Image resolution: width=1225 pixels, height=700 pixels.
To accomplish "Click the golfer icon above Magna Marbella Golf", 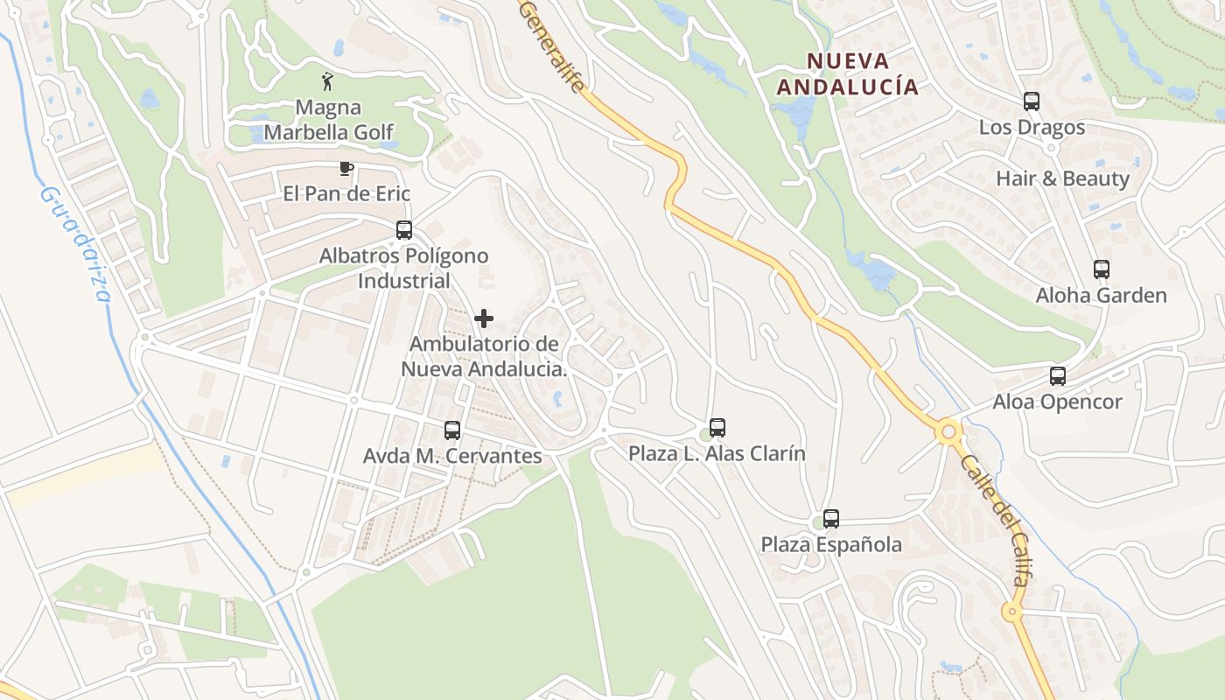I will point(327,81).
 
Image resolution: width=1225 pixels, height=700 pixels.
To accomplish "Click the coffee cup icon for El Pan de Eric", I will point(346,168).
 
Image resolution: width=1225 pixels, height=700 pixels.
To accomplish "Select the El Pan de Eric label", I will point(346,193).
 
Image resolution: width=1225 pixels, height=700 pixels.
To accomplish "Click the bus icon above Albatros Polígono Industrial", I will point(403,230).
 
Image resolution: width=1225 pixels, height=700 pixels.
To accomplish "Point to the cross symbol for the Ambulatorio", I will point(484,318).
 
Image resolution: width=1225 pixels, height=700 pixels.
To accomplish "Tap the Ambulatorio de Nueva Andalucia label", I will point(484,356).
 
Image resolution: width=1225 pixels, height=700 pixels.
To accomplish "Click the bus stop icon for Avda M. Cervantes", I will point(451,430).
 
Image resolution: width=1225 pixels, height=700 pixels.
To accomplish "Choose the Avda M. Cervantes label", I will point(452,456).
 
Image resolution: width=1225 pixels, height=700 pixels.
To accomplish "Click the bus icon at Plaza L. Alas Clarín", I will point(717,428).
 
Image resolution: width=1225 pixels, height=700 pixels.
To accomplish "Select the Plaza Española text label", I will point(830,544).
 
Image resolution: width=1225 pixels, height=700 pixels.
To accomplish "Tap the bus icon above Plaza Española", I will point(830,519).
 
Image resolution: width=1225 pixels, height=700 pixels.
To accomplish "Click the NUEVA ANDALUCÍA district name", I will point(848,73).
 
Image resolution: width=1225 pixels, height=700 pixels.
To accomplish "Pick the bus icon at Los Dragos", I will point(1032,101).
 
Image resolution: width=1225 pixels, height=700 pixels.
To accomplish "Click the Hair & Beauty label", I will point(1062,178).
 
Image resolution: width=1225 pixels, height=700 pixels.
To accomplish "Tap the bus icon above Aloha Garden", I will point(1101,269).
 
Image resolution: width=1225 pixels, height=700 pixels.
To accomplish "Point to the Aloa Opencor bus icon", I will point(1057,376).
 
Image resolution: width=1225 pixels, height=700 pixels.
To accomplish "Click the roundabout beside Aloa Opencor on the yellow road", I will point(948,431).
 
